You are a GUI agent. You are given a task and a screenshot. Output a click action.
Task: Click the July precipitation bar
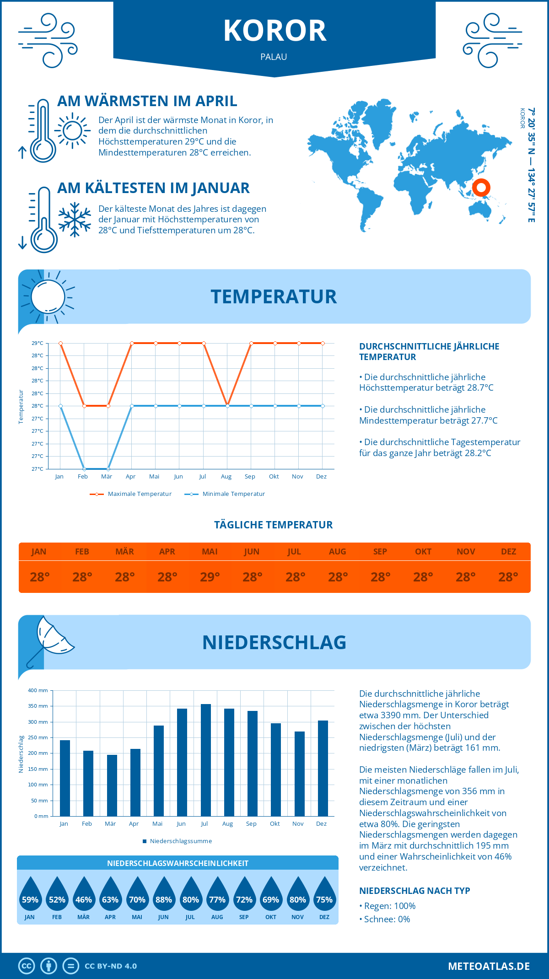click(x=206, y=760)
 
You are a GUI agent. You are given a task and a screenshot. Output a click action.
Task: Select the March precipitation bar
click(x=112, y=785)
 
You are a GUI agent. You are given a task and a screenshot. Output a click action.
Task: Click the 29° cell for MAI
click(x=210, y=577)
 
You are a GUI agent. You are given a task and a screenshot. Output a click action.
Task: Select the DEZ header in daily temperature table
click(x=508, y=552)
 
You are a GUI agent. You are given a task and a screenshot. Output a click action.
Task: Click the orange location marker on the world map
click(x=481, y=187)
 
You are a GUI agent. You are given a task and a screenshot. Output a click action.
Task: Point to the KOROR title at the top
click(x=274, y=31)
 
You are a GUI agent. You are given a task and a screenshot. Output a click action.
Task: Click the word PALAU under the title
click(x=274, y=57)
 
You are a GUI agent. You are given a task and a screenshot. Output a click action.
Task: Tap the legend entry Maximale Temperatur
click(x=131, y=494)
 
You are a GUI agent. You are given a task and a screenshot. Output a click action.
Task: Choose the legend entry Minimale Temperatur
click(x=225, y=494)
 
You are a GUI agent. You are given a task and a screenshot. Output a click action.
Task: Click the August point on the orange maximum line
click(x=227, y=406)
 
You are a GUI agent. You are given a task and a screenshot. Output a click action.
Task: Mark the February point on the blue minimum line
click(x=84, y=469)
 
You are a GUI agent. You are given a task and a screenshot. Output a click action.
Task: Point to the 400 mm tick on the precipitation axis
click(x=38, y=690)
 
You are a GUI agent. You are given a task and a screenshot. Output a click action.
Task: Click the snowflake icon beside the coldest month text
click(x=75, y=220)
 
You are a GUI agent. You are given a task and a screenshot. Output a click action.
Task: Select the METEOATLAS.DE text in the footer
click(x=489, y=966)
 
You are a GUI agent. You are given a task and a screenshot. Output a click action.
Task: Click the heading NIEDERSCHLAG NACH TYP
click(x=414, y=891)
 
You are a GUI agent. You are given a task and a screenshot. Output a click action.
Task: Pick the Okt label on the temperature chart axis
click(x=274, y=477)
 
